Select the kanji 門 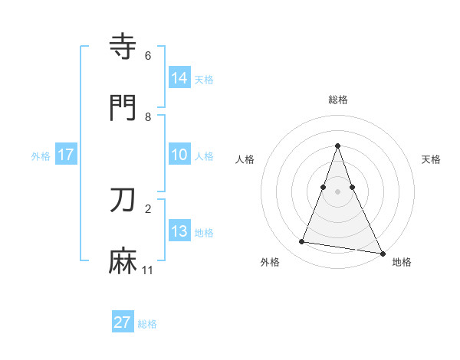tap(124, 109)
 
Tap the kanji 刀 tap(124, 201)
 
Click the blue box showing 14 tap(179, 78)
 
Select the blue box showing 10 tap(179, 155)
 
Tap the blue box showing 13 tap(179, 231)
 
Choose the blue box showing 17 tap(66, 155)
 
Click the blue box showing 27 tap(123, 322)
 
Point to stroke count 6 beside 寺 tap(148, 55)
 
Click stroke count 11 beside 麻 tap(148, 270)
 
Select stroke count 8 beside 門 tap(148, 116)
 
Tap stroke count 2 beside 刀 tap(148, 208)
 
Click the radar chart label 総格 tap(337, 100)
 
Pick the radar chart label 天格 tap(431, 159)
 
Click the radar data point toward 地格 tap(382, 252)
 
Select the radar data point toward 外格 tap(301, 242)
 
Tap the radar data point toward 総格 tap(337, 146)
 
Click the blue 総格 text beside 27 tap(147, 323)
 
